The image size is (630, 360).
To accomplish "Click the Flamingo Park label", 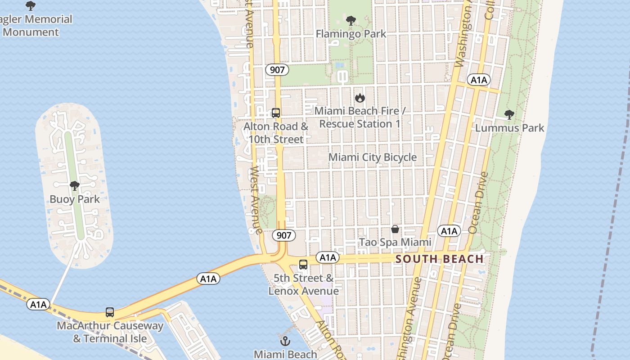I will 351,34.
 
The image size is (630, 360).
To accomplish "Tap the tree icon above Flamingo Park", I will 351,21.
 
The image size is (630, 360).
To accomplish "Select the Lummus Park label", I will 509,128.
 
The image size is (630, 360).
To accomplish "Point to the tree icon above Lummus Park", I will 509,115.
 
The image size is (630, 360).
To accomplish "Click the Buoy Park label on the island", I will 75,199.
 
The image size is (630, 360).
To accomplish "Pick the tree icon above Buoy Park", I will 75,186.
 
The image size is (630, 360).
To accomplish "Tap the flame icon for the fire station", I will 360,98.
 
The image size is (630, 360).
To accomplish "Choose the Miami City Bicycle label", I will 373,157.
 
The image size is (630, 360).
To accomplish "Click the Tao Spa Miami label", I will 395,242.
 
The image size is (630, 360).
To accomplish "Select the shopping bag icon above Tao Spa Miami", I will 395,229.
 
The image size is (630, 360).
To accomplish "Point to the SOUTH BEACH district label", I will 440,259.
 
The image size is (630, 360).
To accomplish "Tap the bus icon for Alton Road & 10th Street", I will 276,113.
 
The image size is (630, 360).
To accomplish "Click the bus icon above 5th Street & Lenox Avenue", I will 303,265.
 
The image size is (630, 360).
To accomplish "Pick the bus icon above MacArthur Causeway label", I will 110,312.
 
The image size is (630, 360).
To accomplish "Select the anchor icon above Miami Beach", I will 284,341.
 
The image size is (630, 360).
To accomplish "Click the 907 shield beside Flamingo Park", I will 277,70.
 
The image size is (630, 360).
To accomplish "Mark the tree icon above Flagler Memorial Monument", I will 31,6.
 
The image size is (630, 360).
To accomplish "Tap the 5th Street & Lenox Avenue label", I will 304,284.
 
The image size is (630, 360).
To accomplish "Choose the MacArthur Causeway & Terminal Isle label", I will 110,332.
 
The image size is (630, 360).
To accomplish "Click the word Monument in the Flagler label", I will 31,32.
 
